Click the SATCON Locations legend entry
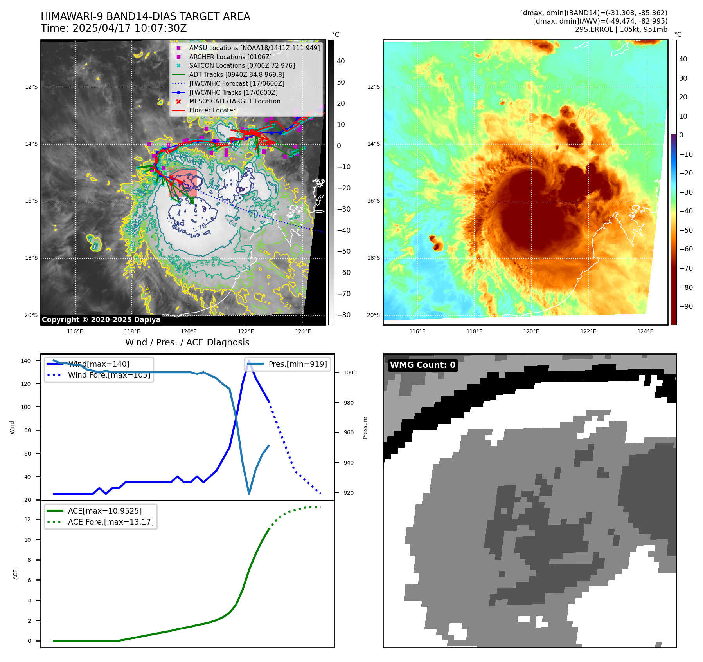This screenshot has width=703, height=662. pos(242,66)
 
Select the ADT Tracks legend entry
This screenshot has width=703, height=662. pos(236,74)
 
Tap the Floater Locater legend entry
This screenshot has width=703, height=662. pos(212,110)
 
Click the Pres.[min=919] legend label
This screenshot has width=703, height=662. pos(297,364)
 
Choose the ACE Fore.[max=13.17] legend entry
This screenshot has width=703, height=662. pos(111,522)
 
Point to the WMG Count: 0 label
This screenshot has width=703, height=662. pos(423,365)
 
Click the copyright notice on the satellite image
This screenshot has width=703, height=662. pos(101,320)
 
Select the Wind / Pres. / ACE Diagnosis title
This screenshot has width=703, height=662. pos(187,342)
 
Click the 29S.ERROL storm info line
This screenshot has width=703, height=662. pos(621,29)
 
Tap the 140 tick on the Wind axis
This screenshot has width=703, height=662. pos(26,361)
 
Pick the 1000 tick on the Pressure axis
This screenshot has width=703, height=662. pos(350,373)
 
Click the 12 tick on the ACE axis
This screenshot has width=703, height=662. pos(27,519)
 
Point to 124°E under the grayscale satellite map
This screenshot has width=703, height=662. pos(303,331)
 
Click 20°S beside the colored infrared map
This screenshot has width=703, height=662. pos(373,315)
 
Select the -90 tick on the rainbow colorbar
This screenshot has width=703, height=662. pos(686,306)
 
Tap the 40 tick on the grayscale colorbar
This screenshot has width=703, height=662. pos(341,61)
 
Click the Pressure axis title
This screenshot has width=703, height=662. pos(365,428)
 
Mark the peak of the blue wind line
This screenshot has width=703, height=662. pos(249,360)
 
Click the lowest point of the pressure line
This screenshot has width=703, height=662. pos(249,494)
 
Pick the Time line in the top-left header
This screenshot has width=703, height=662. pos(113,29)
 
